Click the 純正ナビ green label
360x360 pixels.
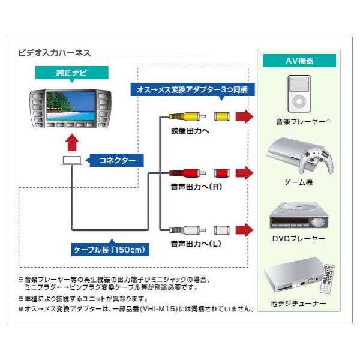(71, 74)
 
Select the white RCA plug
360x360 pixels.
(182, 230)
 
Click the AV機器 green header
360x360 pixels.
(298, 61)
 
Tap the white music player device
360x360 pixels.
(298, 94)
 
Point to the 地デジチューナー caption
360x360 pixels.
(298, 304)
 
